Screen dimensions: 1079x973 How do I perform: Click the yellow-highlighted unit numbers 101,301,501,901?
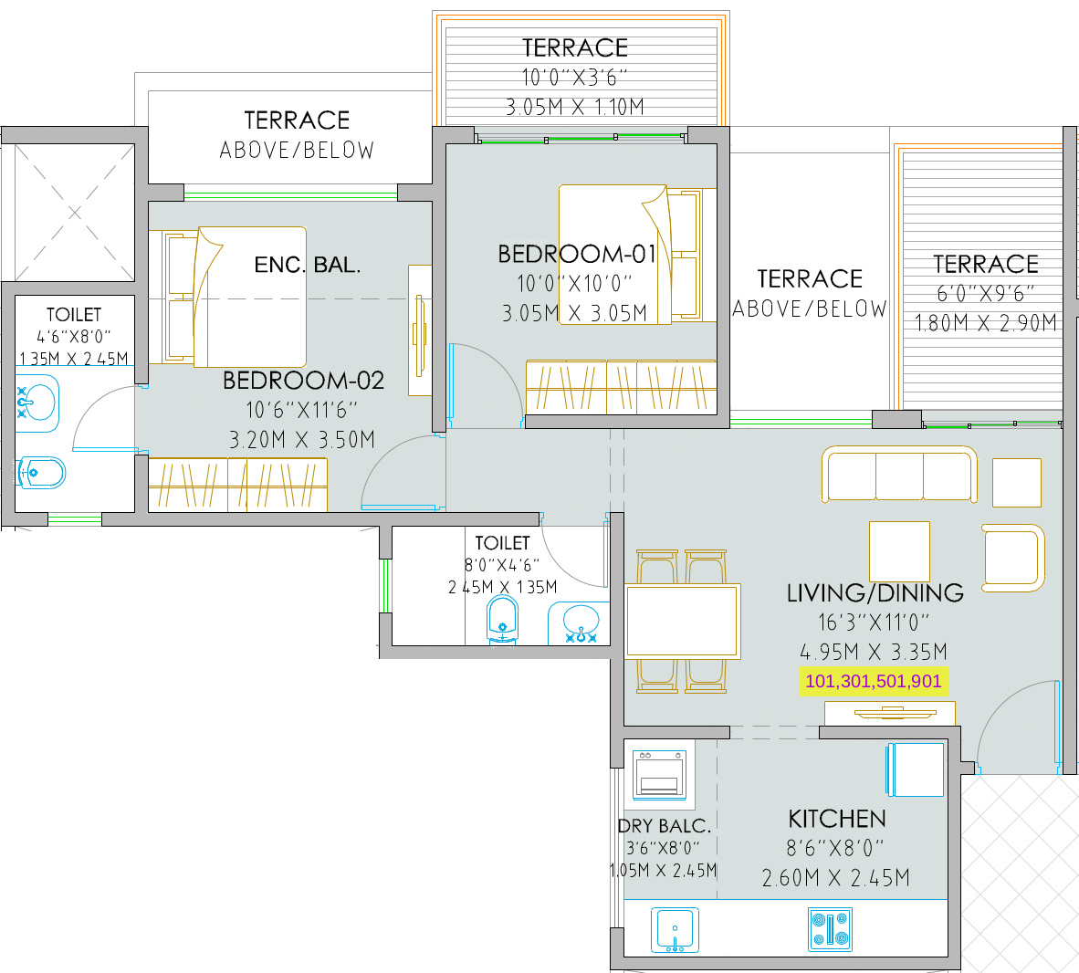click(874, 681)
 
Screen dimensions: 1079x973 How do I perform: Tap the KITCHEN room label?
click(837, 819)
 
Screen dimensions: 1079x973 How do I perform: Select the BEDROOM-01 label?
click(577, 254)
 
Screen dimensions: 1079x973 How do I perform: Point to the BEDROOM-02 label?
click(303, 381)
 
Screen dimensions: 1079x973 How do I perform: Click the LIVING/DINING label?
click(875, 592)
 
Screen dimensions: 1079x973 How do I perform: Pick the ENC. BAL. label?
click(307, 265)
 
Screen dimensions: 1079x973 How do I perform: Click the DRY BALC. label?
click(664, 826)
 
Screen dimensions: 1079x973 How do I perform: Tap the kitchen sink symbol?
click(676, 930)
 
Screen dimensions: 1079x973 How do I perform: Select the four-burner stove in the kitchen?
click(831, 930)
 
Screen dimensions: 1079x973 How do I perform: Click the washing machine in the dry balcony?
click(659, 775)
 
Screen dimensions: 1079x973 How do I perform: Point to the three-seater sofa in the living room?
click(899, 474)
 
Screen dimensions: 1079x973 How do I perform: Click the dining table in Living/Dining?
click(683, 621)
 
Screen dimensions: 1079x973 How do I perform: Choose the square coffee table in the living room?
click(899, 552)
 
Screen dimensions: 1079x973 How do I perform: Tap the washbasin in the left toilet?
click(37, 403)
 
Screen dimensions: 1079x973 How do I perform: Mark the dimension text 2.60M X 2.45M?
click(835, 878)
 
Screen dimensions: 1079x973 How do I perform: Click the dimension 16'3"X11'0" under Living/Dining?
click(874, 623)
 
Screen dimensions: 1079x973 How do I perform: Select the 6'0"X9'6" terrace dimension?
click(985, 294)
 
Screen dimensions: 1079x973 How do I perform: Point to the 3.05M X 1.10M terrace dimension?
click(575, 107)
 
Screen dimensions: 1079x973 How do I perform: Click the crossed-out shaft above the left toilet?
click(74, 213)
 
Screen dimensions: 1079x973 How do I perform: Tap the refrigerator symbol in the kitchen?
click(916, 769)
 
